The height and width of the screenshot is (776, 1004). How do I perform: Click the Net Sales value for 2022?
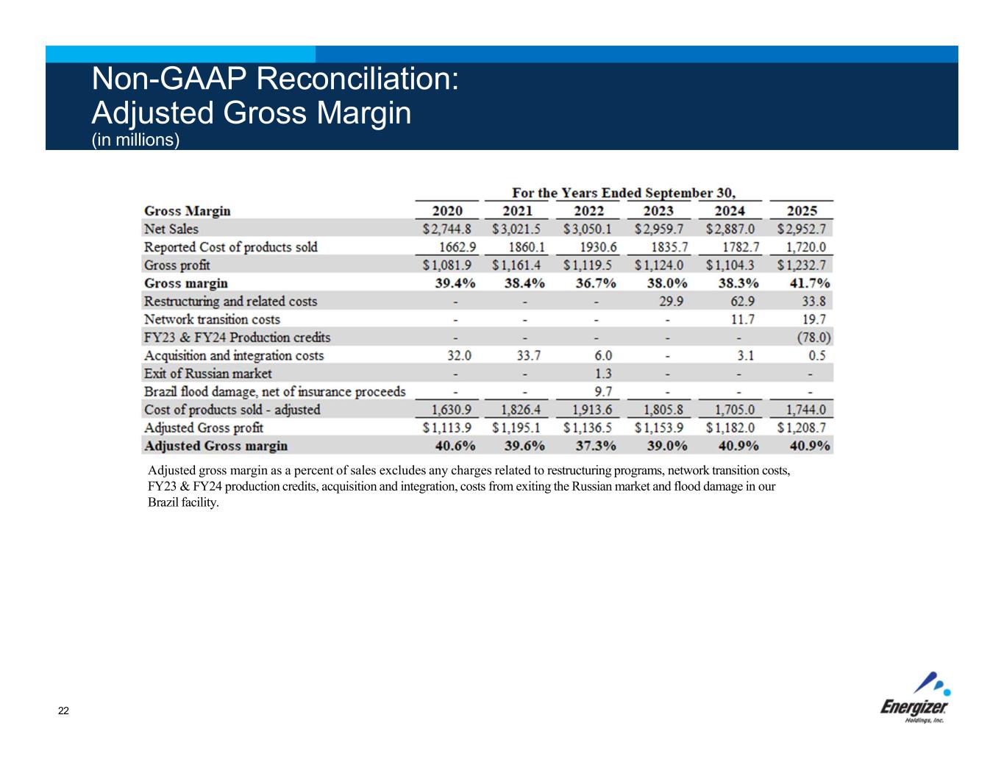click(590, 229)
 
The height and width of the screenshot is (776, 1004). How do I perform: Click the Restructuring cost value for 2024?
click(742, 302)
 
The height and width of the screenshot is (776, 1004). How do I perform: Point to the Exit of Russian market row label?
click(207, 374)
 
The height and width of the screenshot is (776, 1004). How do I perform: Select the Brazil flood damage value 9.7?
click(603, 392)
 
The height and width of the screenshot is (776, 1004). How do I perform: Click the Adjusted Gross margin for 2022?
click(596, 446)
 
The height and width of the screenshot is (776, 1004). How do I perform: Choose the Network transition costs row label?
click(212, 319)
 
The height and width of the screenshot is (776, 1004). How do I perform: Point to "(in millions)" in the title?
click(135, 140)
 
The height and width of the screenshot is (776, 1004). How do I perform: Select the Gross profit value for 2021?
click(516, 265)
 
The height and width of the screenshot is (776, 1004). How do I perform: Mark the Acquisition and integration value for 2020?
click(459, 355)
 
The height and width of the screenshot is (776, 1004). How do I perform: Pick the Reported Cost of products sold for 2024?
click(741, 247)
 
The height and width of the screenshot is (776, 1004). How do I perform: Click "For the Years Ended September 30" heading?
click(624, 193)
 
